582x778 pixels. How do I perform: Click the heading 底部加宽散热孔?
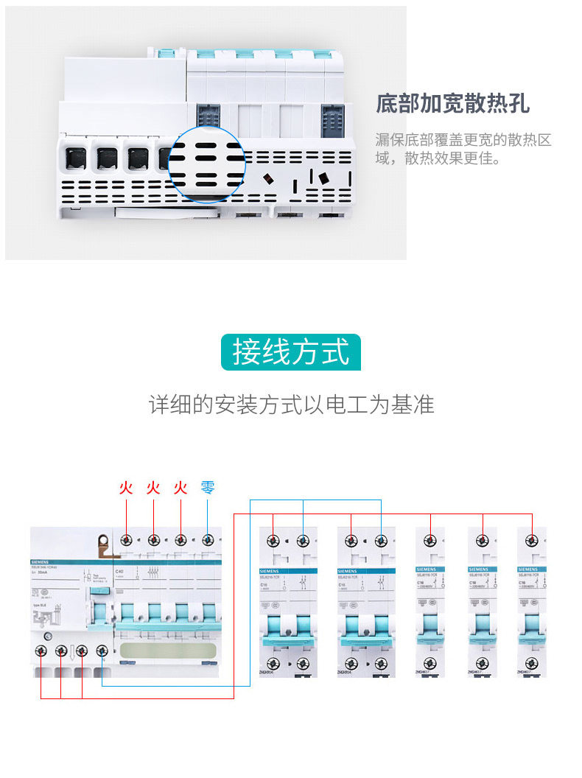[452, 104]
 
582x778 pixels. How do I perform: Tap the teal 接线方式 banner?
[291, 352]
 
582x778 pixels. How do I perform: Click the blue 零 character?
[208, 488]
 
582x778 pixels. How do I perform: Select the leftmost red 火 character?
[126, 488]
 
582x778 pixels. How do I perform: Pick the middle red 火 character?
[153, 488]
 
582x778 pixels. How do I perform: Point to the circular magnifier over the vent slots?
[206, 164]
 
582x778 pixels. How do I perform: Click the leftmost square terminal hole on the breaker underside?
[75, 158]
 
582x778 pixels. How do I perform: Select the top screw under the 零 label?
[208, 540]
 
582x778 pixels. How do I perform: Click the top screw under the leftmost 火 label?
[127, 540]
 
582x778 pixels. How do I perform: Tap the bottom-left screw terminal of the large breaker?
[41, 651]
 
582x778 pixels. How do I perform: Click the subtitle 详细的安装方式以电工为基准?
[291, 404]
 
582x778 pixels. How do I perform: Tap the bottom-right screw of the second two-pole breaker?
[381, 665]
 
